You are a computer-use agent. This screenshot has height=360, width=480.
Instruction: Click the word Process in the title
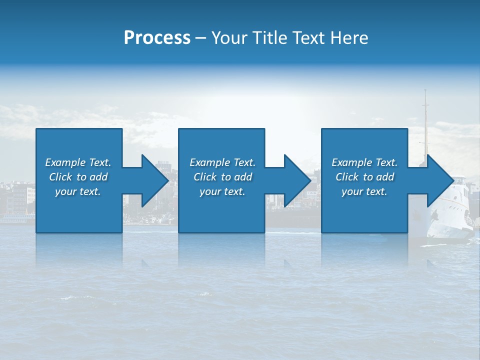pyautogui.click(x=157, y=38)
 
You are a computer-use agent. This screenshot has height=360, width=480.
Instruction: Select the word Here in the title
pyautogui.click(x=349, y=38)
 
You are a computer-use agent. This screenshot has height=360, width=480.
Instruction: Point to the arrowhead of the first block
pyautogui.click(x=155, y=180)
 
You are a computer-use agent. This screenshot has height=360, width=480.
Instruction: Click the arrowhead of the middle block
pyautogui.click(x=297, y=180)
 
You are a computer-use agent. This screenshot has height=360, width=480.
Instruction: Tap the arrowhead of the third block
pyautogui.click(x=440, y=180)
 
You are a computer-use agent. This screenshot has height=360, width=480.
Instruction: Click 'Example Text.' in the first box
pyautogui.click(x=78, y=162)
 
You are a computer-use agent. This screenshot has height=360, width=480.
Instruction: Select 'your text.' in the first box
pyautogui.click(x=78, y=191)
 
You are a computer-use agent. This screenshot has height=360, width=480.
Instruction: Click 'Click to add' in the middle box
pyautogui.click(x=222, y=177)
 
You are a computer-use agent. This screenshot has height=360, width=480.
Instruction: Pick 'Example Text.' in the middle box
pyautogui.click(x=222, y=162)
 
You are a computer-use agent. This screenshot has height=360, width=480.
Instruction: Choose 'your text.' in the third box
pyautogui.click(x=364, y=191)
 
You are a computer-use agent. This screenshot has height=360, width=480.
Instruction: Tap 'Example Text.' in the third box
pyautogui.click(x=364, y=162)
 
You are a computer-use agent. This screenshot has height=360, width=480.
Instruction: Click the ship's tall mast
pyautogui.click(x=426, y=120)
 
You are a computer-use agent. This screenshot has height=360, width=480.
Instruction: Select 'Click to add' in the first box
pyautogui.click(x=78, y=177)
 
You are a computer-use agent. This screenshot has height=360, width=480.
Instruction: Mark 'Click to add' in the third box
pyautogui.click(x=364, y=177)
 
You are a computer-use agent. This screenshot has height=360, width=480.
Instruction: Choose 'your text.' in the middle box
pyautogui.click(x=222, y=191)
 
